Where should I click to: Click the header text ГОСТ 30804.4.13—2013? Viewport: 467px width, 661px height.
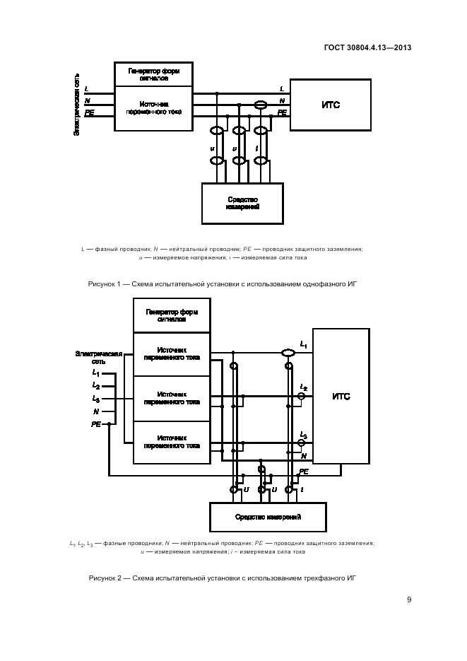pyautogui.click(x=368, y=49)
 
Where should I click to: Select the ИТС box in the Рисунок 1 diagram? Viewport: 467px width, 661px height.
pyautogui.click(x=331, y=105)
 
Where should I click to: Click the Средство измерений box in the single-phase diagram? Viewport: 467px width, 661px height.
pyautogui.click(x=242, y=204)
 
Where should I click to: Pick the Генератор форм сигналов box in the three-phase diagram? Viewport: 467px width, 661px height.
pyautogui.click(x=172, y=315)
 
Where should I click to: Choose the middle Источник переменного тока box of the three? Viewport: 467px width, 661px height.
pyautogui.click(x=172, y=397)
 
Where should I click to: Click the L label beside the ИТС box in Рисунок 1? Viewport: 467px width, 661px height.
pyautogui.click(x=282, y=88)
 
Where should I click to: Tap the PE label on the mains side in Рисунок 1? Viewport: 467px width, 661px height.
pyautogui.click(x=88, y=112)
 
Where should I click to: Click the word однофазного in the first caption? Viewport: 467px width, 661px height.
pyautogui.click(x=309, y=283)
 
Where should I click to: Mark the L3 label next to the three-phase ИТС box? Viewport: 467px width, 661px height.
pyautogui.click(x=303, y=435)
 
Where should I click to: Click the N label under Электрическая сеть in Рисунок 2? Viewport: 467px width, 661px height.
pyautogui.click(x=95, y=410)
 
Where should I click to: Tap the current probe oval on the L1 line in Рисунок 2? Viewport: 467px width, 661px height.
pyautogui.click(x=287, y=352)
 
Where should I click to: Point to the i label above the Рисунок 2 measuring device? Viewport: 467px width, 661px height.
pyautogui.click(x=302, y=489)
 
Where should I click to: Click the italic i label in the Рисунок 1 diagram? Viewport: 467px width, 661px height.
pyautogui.click(x=256, y=148)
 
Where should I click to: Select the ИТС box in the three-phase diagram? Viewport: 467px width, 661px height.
pyautogui.click(x=341, y=397)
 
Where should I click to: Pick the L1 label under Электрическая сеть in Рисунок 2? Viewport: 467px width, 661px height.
pyautogui.click(x=95, y=372)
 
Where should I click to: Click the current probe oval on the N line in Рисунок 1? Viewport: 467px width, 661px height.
pyautogui.click(x=261, y=105)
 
